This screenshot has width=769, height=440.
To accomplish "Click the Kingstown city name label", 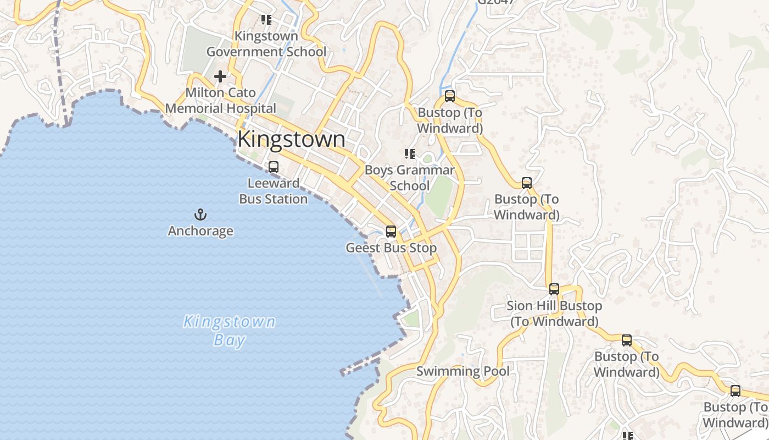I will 291,139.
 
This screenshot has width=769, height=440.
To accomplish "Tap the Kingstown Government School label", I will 266,44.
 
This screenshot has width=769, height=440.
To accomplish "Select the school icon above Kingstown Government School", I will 266,20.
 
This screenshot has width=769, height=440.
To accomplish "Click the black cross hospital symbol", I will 220,76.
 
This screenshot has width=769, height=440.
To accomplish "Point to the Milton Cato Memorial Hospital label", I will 220,101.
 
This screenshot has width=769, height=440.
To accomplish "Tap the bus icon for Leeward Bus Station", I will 273,167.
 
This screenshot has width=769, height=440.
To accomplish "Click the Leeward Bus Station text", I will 273,191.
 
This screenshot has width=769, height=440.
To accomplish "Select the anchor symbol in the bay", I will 200,215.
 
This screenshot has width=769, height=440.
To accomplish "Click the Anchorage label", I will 200,231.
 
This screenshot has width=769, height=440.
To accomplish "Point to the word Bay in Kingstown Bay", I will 229,340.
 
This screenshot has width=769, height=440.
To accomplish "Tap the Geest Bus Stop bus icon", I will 391,232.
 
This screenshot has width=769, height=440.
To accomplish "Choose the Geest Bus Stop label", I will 391,248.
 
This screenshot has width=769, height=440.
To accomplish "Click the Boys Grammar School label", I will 410,178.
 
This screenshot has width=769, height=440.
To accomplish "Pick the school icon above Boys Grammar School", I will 409,154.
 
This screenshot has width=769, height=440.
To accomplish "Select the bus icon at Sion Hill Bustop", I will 554,289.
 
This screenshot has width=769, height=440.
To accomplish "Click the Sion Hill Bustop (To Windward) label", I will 554,313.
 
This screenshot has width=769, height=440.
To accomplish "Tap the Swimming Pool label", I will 462,371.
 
